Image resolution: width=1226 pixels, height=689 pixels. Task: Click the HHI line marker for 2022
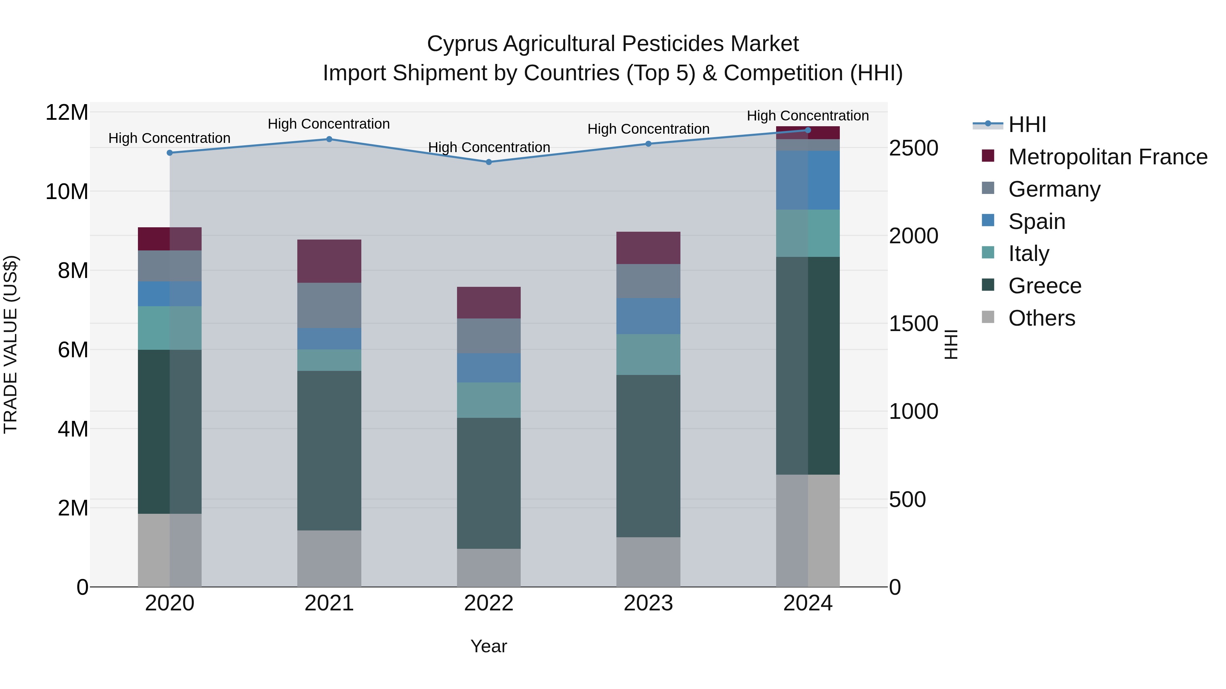(x=488, y=162)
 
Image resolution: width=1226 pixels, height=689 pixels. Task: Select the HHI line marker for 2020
(x=170, y=153)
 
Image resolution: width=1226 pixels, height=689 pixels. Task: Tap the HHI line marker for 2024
(x=808, y=130)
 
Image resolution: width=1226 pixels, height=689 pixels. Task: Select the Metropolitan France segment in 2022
(x=488, y=302)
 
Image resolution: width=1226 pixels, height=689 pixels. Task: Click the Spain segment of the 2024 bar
(x=808, y=180)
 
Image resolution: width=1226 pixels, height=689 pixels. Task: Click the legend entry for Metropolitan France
(x=1107, y=157)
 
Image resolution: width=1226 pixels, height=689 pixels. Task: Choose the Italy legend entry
(x=1028, y=253)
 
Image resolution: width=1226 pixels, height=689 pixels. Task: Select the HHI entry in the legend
(x=1027, y=125)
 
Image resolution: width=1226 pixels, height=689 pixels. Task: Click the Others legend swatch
(x=988, y=317)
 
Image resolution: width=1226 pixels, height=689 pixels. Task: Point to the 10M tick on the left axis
(x=67, y=192)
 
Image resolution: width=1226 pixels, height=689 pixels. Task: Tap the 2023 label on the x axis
(x=648, y=603)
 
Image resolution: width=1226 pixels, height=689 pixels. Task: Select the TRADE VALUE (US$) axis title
(x=11, y=344)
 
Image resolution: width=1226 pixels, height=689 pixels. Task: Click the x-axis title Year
(x=488, y=646)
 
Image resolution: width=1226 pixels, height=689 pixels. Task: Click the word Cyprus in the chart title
(x=462, y=44)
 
